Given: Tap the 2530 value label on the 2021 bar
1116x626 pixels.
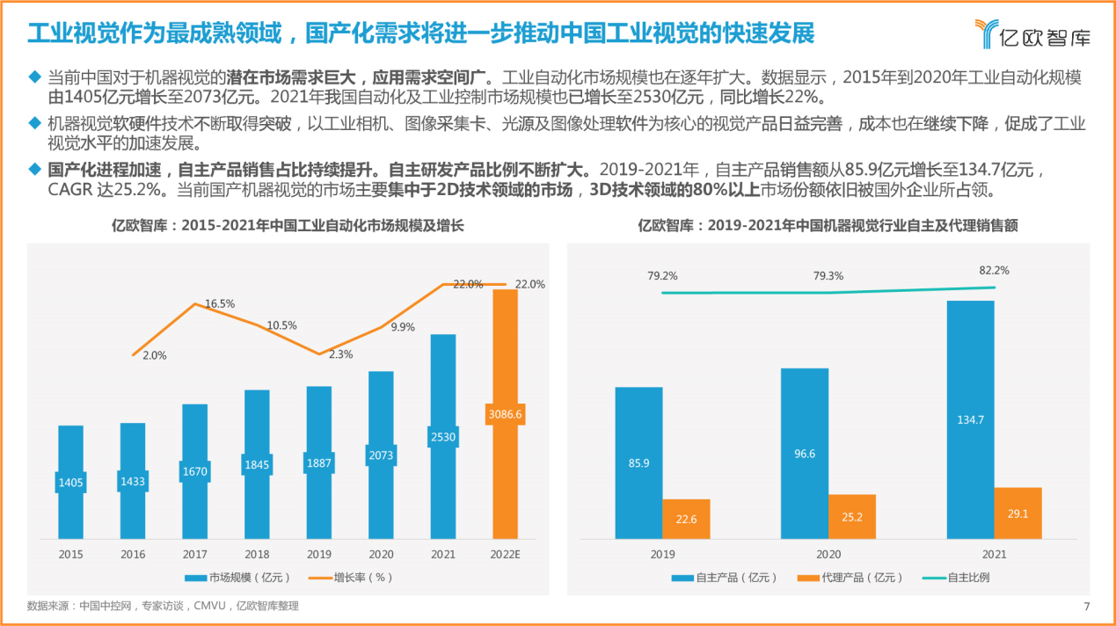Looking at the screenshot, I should coord(443,436).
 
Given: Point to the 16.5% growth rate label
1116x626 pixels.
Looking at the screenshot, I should coord(220,303).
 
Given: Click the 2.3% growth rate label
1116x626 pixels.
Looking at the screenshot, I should coord(340,354).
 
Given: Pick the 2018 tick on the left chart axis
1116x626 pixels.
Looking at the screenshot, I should coord(256,555).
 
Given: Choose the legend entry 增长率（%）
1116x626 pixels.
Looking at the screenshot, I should coord(350,578).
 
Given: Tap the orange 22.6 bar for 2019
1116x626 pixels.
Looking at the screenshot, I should coord(686,519).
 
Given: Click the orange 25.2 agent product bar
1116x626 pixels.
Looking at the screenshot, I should coord(851,516).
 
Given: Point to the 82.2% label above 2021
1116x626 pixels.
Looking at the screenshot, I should coord(994,271).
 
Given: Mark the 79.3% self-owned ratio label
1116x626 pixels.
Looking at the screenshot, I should coord(828,276).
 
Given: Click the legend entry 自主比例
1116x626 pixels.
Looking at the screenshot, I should coord(958,578).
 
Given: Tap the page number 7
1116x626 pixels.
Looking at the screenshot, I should coord(1087,606).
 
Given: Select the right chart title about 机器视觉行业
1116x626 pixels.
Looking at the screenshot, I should coord(828,226).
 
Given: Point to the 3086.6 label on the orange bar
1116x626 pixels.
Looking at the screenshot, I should coord(505,413).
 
